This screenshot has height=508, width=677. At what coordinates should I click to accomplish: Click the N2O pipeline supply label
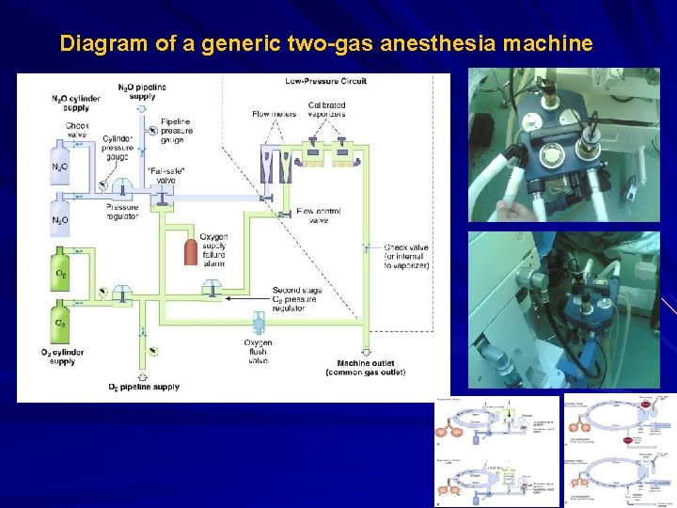(142, 91)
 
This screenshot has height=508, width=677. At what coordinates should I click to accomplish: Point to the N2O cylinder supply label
(76, 103)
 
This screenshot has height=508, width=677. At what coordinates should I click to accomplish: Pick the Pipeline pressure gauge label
(177, 131)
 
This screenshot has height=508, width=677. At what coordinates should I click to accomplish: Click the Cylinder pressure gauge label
(118, 142)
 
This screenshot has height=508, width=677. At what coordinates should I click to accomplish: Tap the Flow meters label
(274, 115)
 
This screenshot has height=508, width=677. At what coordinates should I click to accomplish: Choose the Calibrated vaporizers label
(326, 109)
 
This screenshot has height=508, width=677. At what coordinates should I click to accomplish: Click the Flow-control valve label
(318, 215)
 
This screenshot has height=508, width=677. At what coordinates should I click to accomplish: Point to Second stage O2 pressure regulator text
(298, 299)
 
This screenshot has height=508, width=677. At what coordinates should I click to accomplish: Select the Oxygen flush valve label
(258, 352)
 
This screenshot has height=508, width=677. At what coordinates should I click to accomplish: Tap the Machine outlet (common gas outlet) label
(365, 368)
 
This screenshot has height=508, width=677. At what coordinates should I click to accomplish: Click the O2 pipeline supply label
(144, 387)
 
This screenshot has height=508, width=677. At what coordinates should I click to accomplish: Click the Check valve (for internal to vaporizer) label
(406, 257)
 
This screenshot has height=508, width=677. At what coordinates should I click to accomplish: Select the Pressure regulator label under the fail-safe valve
(122, 212)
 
